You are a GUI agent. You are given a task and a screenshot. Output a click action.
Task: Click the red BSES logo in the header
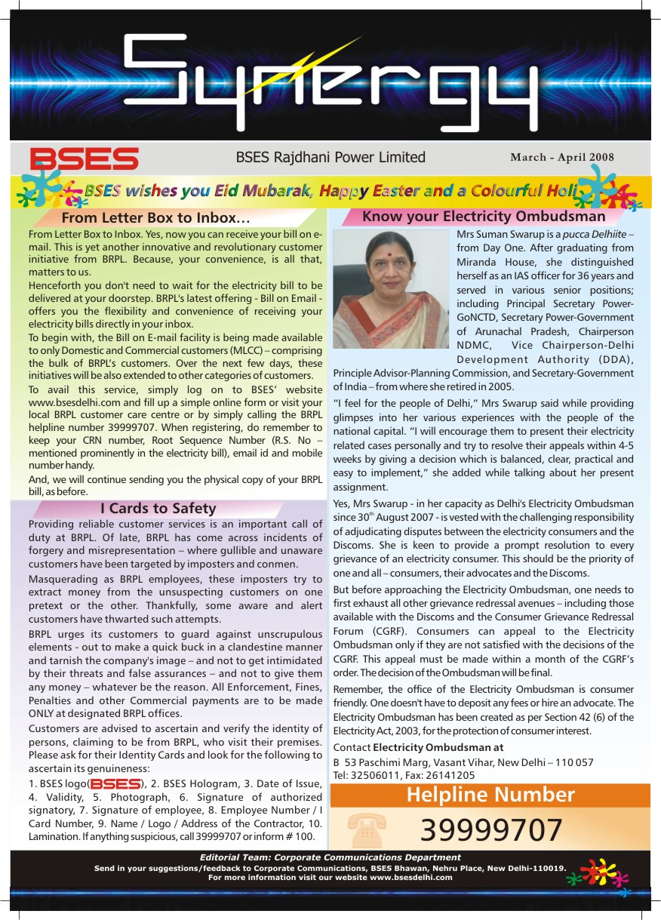pos(84,158)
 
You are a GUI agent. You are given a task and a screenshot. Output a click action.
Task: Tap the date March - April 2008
pos(561,158)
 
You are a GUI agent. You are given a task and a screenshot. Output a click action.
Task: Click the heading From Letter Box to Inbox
pos(155,218)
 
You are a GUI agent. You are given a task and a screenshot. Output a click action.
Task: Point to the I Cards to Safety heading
pos(158,508)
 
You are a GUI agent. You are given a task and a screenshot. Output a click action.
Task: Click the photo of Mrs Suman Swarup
pos(391,289)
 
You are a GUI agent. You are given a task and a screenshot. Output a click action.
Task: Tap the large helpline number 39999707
pos(491,830)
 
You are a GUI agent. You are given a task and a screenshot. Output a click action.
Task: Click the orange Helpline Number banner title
pos(490,795)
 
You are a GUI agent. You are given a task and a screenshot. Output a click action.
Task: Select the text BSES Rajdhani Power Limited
pos(330,158)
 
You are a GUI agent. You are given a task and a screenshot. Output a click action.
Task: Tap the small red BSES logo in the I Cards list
pos(115,783)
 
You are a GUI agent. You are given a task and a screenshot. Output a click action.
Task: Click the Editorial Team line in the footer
pos(330,857)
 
